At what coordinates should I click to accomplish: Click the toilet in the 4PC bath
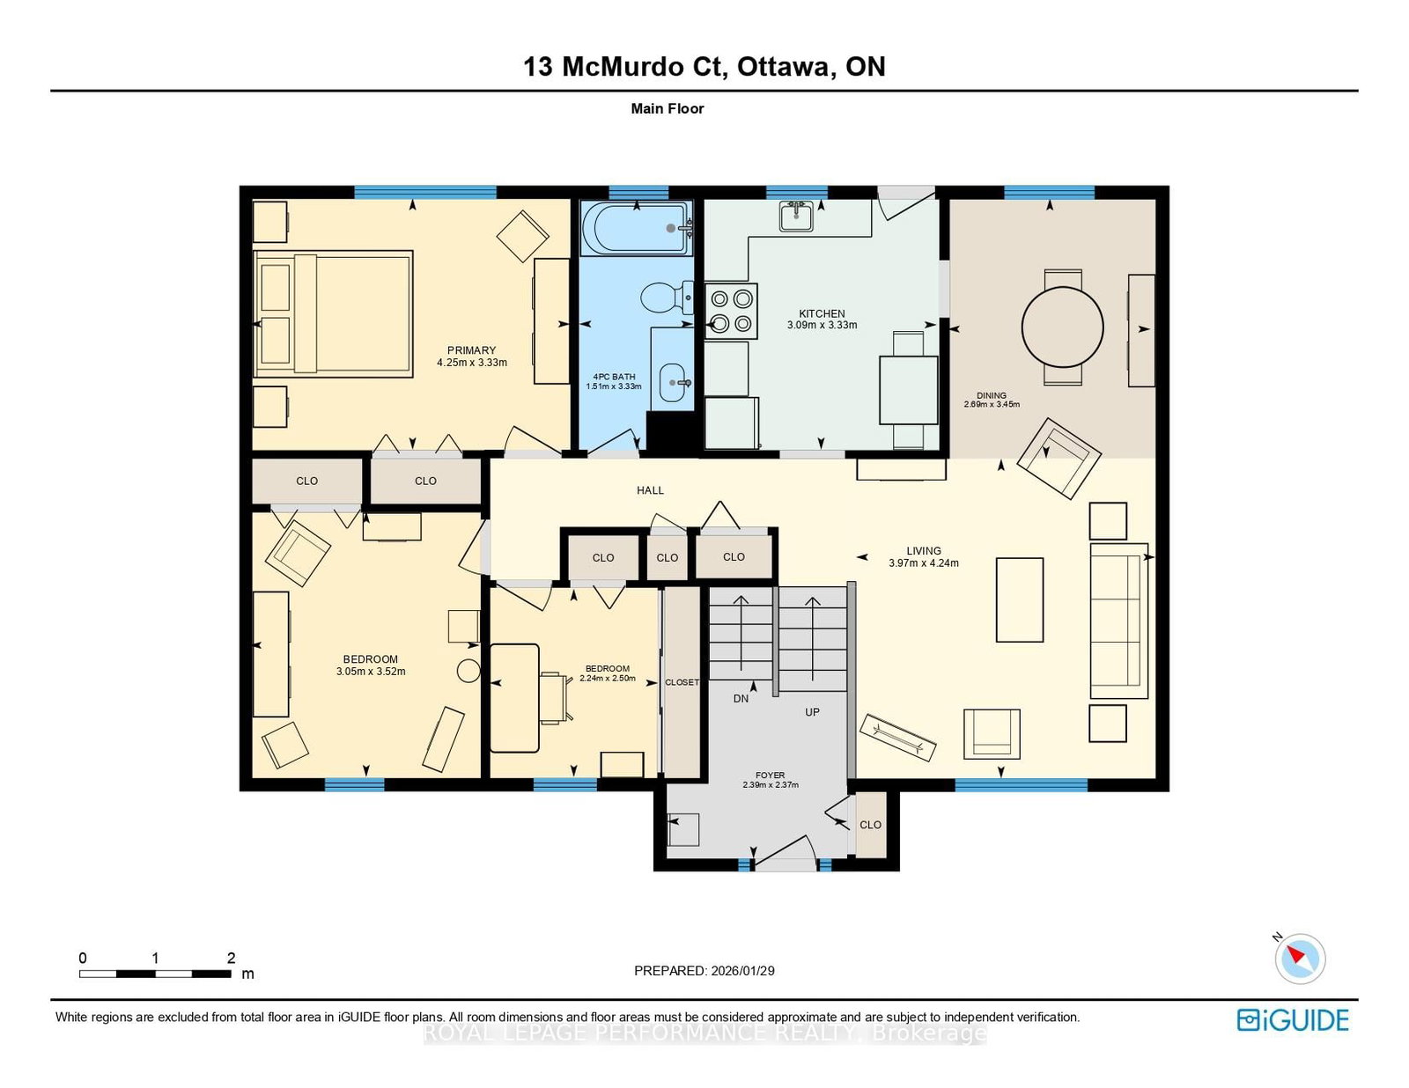coord(667,298)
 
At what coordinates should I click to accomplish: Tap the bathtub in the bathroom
coord(637,228)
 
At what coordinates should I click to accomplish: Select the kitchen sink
coord(795,216)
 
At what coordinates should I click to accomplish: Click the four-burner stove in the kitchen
coord(731,311)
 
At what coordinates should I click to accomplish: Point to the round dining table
coord(1062,327)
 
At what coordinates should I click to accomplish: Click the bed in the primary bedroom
coord(333,313)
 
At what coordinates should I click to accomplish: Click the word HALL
coord(650,490)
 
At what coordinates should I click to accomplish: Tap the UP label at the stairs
coord(812,712)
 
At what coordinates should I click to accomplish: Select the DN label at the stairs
coord(741,699)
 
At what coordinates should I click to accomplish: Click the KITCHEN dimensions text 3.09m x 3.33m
coord(822,325)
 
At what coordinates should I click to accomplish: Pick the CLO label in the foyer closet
coord(870,825)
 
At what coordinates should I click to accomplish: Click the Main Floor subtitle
coord(668,108)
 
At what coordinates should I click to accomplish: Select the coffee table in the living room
coord(1019,599)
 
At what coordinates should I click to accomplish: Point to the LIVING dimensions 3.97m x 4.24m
coord(924,563)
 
